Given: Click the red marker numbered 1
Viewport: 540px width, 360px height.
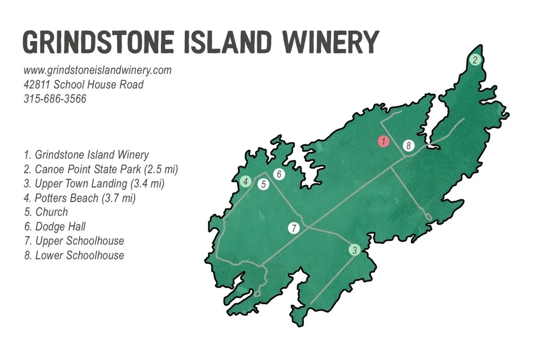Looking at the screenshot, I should (x=383, y=141).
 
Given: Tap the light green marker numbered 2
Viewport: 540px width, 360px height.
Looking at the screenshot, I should (x=475, y=60).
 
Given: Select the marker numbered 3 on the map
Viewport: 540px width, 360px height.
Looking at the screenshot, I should (x=354, y=250).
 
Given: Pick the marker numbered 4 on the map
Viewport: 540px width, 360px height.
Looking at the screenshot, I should (x=246, y=181).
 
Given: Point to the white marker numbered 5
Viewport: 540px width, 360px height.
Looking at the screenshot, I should (x=264, y=184).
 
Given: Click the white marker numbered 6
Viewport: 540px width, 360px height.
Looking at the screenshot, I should (x=279, y=174).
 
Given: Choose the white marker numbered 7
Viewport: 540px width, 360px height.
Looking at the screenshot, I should (x=293, y=228).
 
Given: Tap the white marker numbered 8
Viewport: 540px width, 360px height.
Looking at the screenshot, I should (x=409, y=146).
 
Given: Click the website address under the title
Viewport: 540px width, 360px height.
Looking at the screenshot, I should (x=97, y=70).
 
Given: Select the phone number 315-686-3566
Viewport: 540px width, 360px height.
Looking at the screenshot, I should (x=55, y=99).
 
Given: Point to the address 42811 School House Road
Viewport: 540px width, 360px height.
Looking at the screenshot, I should (x=84, y=85).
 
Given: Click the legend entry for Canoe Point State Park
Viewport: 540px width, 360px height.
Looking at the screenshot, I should (x=101, y=169).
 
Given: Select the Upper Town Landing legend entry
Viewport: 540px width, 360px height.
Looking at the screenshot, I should (x=94, y=184).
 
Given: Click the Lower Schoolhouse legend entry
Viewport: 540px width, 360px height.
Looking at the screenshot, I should (x=74, y=255).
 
